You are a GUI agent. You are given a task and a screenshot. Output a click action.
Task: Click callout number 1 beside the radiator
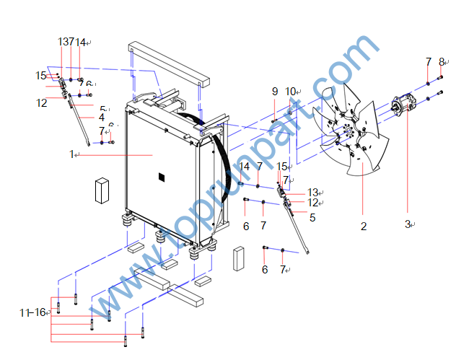coord(72,154)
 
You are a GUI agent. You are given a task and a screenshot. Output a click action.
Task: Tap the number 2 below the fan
coord(364,226)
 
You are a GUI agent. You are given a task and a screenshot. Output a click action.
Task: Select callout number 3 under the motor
coord(407,224)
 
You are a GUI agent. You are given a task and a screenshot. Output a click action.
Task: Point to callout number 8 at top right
coord(442,62)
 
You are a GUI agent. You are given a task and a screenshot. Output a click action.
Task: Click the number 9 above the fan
coord(274,91)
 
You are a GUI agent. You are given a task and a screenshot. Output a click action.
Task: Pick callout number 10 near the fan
coord(290,91)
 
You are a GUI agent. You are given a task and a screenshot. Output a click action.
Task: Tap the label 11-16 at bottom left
coord(33,312)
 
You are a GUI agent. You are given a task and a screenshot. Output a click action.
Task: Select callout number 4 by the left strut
coord(102,117)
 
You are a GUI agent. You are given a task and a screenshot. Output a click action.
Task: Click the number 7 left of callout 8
coord(428,62)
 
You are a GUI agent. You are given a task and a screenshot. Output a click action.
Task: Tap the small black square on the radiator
coord(161,177)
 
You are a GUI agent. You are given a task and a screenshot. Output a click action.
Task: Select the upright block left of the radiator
coord(101,190)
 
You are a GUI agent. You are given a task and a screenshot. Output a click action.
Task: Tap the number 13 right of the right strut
coord(312,192)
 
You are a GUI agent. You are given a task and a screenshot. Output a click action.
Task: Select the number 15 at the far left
coord(40,75)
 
